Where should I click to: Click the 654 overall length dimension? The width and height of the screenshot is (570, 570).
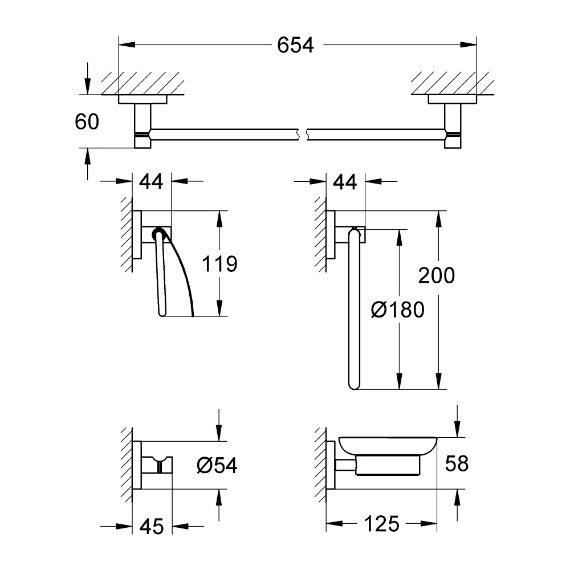tap(295, 45)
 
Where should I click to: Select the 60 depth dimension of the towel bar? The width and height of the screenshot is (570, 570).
tap(86, 121)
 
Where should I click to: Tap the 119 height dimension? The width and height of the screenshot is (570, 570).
tap(220, 264)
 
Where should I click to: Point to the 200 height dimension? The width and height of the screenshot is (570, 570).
tap(437, 275)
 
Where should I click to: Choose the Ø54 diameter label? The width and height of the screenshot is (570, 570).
tap(217, 465)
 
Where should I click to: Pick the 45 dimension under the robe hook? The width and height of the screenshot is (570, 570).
tap(151, 526)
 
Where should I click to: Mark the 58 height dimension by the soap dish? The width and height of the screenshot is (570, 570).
tap(457, 463)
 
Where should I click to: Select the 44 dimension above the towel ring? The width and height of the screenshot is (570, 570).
tap(344, 182)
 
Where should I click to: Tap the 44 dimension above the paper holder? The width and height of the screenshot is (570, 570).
tap(151, 182)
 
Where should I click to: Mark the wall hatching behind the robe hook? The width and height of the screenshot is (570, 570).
tap(127, 465)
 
